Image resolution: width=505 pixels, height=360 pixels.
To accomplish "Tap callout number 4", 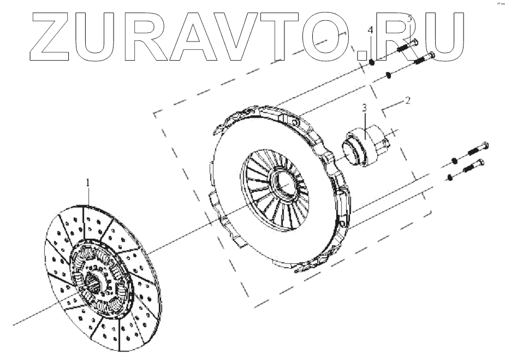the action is pyautogui.click(x=371, y=31).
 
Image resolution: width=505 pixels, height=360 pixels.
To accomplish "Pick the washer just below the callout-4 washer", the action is pyautogui.click(x=388, y=75).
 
